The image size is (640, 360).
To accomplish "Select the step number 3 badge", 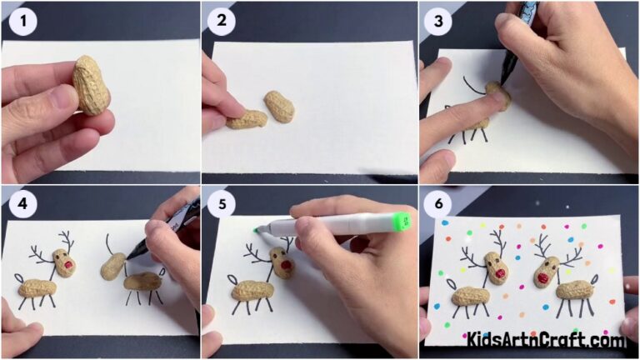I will coord(436,22).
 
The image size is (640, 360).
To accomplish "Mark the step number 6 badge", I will coord(436,202).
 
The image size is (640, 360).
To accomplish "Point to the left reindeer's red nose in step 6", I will coord(501,272).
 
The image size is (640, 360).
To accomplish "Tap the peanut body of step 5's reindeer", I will coord(253,291).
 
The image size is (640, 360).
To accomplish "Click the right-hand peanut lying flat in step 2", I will coord(279,107).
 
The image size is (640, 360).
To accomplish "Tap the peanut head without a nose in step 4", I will coord(112,266).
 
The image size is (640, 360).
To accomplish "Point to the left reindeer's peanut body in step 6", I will coord(472,297).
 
